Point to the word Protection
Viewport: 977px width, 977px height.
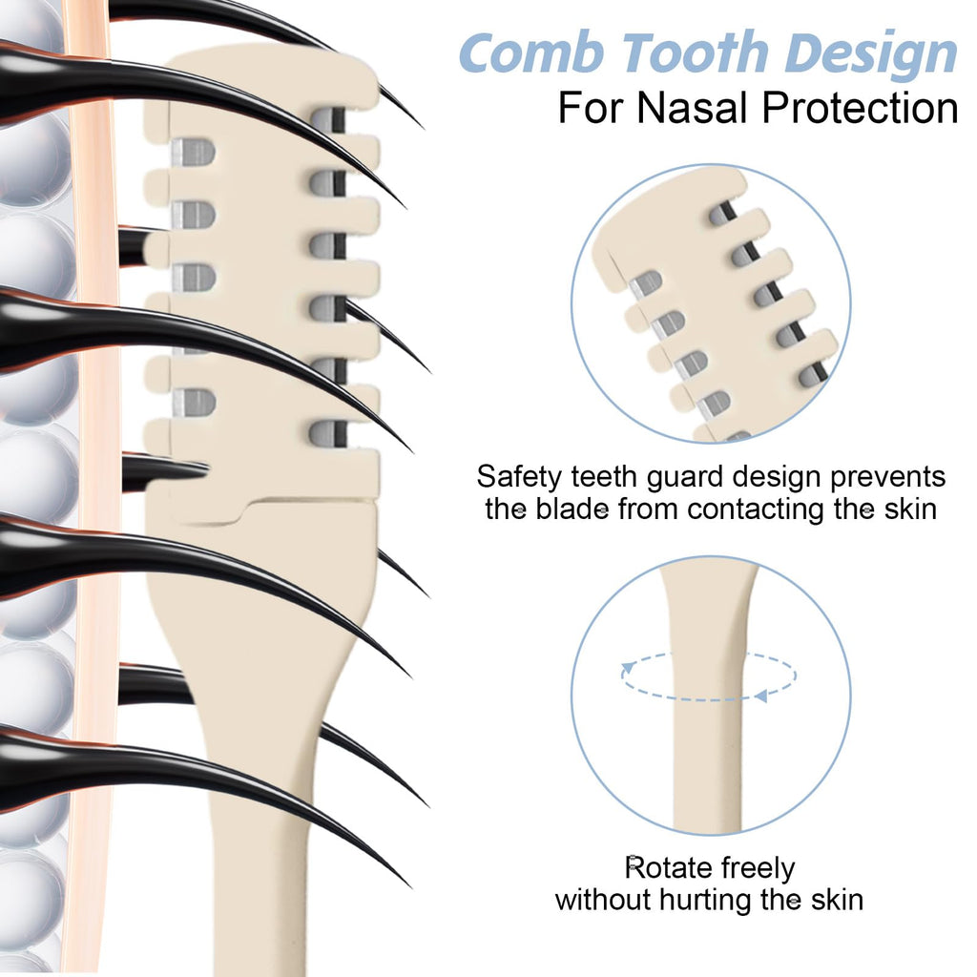[x=861, y=108]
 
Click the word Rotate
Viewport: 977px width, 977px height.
[x=669, y=867]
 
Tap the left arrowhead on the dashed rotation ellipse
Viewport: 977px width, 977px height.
[x=628, y=669]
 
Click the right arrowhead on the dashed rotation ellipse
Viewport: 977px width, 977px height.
[x=760, y=696]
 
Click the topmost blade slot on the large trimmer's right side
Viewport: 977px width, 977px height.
[x=328, y=120]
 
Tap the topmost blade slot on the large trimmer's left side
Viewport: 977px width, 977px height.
[x=193, y=152]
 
